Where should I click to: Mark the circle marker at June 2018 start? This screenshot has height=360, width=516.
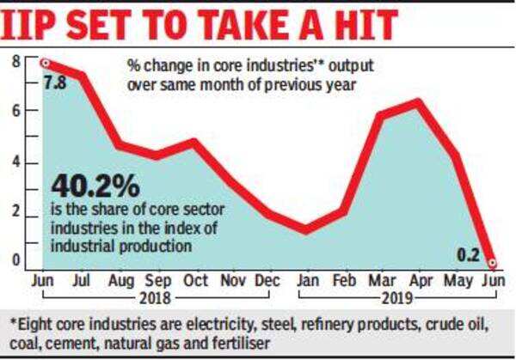pyautogui.click(x=44, y=63)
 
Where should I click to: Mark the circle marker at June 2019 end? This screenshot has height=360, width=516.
pyautogui.click(x=492, y=262)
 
